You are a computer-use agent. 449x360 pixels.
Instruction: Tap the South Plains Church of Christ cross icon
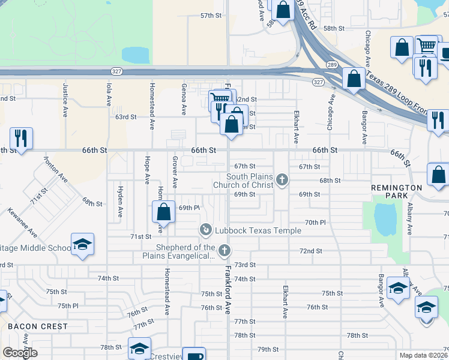(x=282, y=179)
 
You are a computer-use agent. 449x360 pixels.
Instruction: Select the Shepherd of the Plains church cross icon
(x=224, y=250)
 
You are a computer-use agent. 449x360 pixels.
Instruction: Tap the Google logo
(x=20, y=353)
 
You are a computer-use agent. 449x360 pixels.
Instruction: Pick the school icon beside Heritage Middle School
(x=82, y=244)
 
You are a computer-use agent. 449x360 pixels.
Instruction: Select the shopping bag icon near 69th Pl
(x=163, y=211)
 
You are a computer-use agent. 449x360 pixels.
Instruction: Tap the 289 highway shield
(x=331, y=64)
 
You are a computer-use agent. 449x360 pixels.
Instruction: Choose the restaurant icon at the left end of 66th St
(x=21, y=138)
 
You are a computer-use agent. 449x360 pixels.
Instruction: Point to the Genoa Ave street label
(x=183, y=100)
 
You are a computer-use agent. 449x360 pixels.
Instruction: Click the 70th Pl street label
(x=315, y=223)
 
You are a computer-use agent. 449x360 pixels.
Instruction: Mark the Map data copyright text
(x=424, y=355)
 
